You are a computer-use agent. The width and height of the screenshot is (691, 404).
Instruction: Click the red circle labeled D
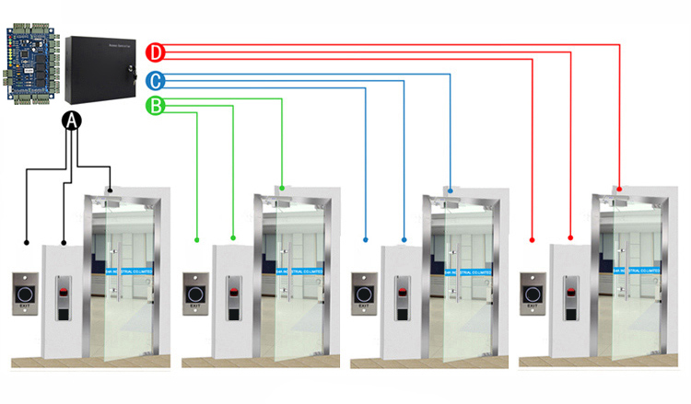coord(157,52)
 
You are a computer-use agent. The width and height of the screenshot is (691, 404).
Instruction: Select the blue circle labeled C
coord(157,80)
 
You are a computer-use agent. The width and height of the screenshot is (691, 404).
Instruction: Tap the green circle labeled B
coord(157,107)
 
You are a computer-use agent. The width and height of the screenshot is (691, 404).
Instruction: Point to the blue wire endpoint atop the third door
coord(451,191)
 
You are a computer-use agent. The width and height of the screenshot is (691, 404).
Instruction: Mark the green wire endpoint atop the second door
coord(282,190)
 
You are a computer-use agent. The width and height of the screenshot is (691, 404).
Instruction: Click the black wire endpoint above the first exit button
coord(27,241)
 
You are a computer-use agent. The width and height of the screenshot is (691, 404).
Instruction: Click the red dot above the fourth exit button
coord(533,240)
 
